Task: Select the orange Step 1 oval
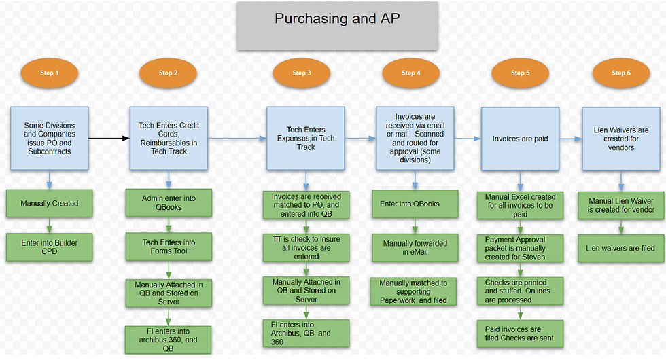pos(49,73)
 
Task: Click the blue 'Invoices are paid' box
pos(521,139)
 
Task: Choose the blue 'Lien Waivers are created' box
pos(620,139)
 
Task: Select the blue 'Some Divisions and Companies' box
pos(50,139)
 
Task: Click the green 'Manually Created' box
pos(50,203)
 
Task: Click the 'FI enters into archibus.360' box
pos(168,339)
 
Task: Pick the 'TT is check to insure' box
pos(306,248)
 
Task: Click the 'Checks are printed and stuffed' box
pos(521,291)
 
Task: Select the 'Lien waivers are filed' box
pos(620,248)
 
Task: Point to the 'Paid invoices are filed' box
pos(521,333)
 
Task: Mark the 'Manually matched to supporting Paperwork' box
pos(414,291)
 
